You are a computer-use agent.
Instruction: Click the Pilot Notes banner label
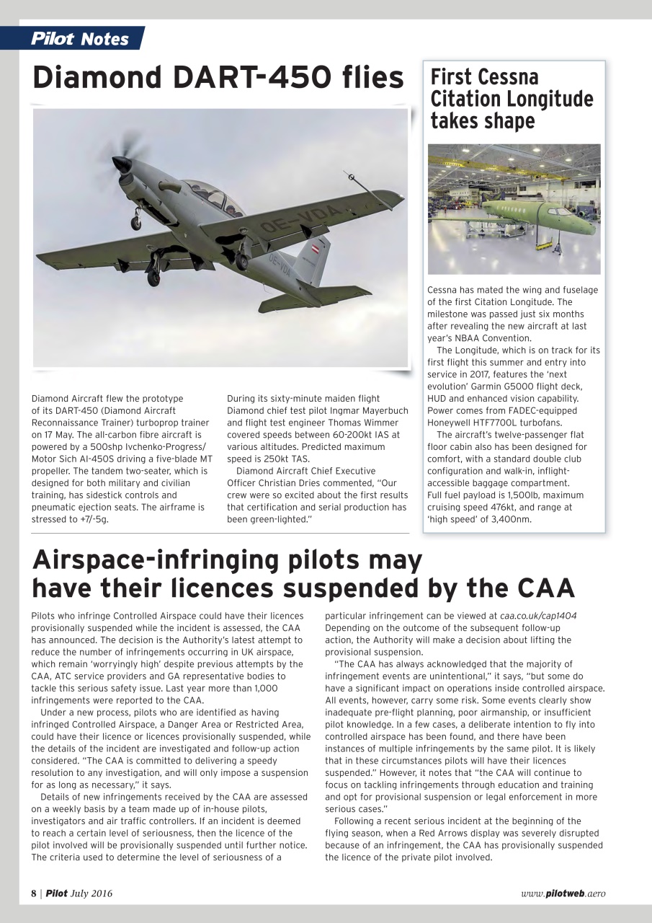pyautogui.click(x=80, y=38)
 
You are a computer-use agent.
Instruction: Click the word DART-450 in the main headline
pyautogui.click(x=238, y=78)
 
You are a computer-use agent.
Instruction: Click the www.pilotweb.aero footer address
pyautogui.click(x=563, y=893)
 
